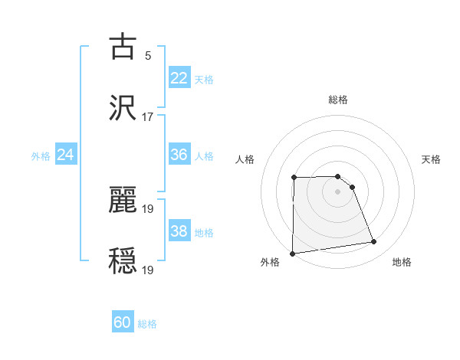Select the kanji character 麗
click(123, 199)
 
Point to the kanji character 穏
click(123, 260)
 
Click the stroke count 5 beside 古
click(147, 56)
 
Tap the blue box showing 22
click(179, 78)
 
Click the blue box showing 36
click(179, 155)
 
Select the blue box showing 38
click(179, 231)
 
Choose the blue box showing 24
click(66, 155)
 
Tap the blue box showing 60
click(123, 322)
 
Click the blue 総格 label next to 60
click(147, 324)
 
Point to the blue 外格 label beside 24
click(41, 156)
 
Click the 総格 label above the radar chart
click(338, 100)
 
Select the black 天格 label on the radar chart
click(432, 159)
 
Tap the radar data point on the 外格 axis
click(293, 254)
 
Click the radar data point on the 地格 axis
click(374, 242)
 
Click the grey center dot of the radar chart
click(338, 191)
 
